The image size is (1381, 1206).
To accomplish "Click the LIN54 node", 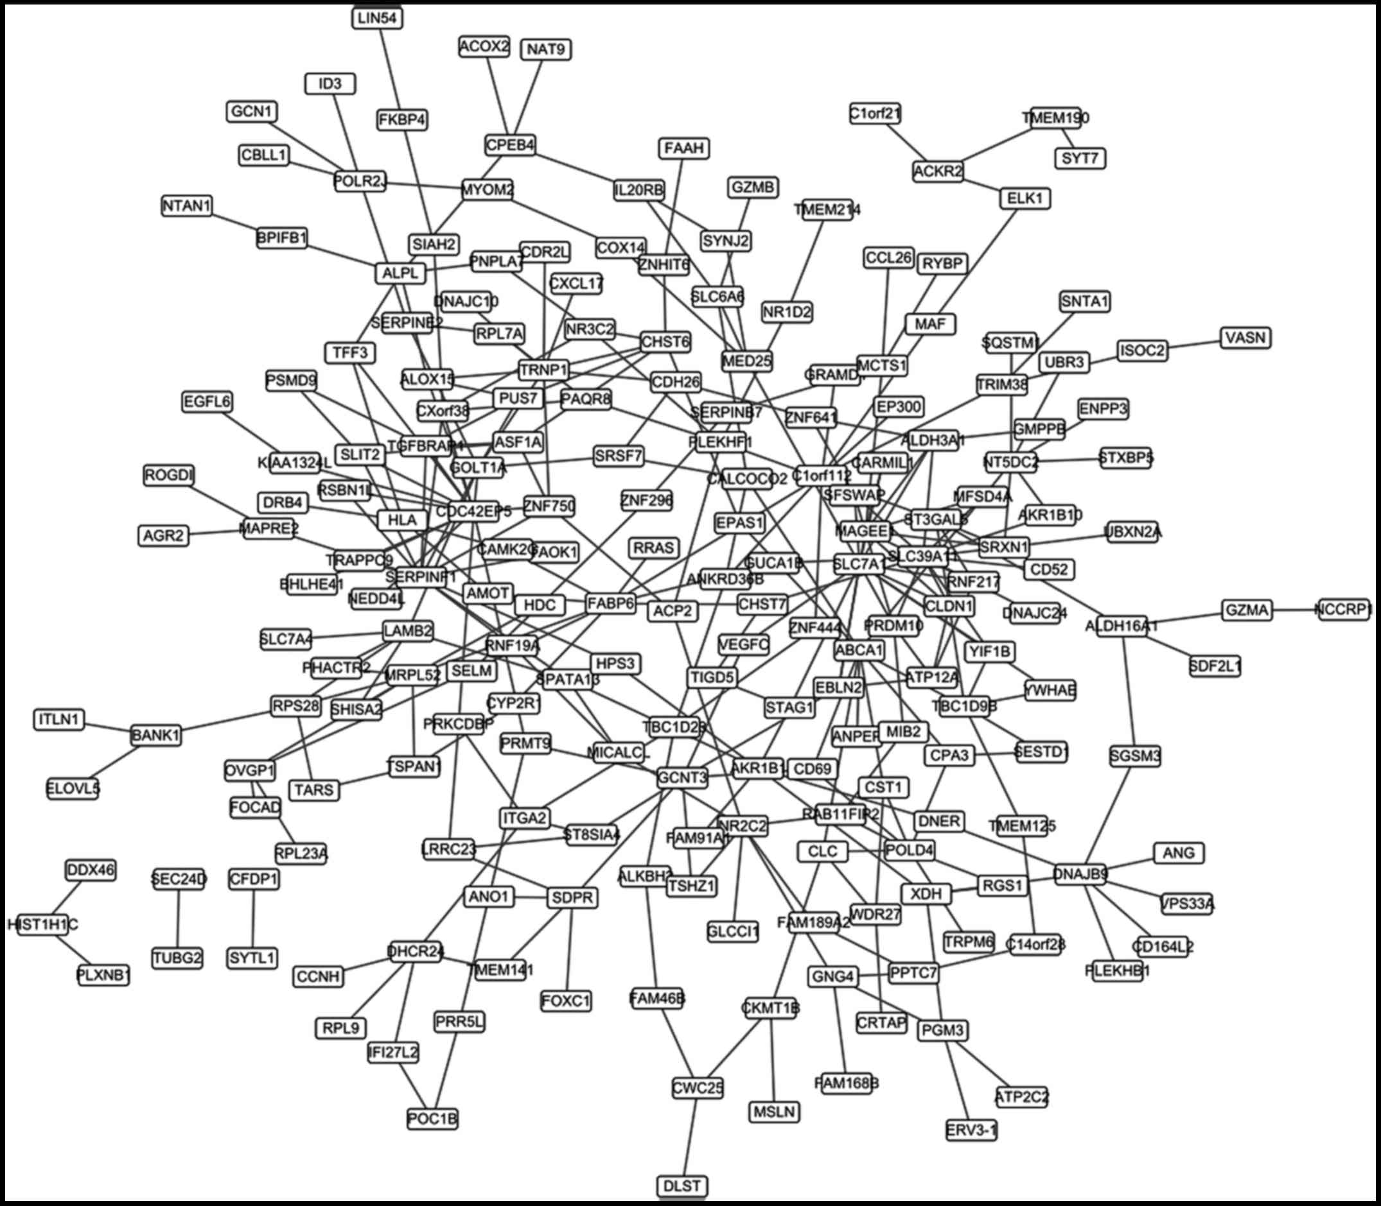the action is click(377, 18).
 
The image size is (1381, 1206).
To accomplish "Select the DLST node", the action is click(682, 1185).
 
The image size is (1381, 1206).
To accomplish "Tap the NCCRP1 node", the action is click(1344, 610).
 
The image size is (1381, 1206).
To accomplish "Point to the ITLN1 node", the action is click(59, 719).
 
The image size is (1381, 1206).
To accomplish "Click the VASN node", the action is click(1245, 337).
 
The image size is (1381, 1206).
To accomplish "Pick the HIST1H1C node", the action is click(43, 925).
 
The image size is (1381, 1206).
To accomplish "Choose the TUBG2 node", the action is click(178, 958).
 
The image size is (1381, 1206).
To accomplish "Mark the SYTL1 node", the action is click(252, 958).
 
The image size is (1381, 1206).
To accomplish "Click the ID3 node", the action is click(330, 84).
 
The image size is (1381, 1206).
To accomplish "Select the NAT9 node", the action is click(546, 49).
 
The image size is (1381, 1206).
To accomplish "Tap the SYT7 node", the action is click(1080, 158).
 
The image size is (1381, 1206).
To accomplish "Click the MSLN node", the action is click(775, 1112).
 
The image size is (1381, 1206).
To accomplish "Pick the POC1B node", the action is click(433, 1119).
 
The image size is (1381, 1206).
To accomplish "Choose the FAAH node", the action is click(683, 148).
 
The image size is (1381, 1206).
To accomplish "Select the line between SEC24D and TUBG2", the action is click(179, 918).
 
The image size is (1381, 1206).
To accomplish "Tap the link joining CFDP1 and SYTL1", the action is click(253, 918).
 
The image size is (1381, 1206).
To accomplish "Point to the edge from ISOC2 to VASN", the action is click(1194, 344).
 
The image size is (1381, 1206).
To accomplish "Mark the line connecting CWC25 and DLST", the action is click(689, 1137).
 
